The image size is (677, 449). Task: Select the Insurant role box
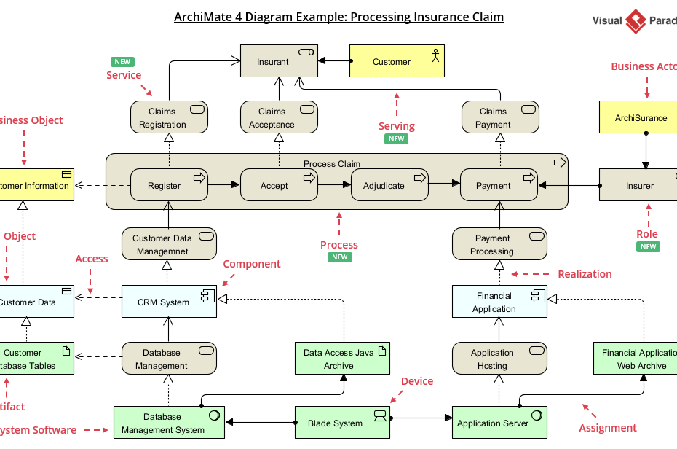pyautogui.click(x=279, y=62)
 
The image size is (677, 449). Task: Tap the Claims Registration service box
pyautogui.click(x=169, y=118)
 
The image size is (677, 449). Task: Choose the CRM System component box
pyautogui.click(x=169, y=302)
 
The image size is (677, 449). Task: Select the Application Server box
pyautogui.click(x=499, y=423)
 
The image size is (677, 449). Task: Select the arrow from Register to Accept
pyautogui.click(x=224, y=186)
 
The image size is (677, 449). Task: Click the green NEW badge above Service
pyautogui.click(x=122, y=62)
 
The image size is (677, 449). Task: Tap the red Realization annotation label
pyautogui.click(x=585, y=274)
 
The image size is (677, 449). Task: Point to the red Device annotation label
pyautogui.click(x=417, y=381)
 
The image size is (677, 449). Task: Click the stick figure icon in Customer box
pyautogui.click(x=436, y=55)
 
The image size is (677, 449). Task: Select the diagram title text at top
pyautogui.click(x=338, y=17)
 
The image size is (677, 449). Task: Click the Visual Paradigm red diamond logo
pyautogui.click(x=636, y=21)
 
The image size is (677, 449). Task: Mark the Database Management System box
pyautogui.click(x=169, y=423)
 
